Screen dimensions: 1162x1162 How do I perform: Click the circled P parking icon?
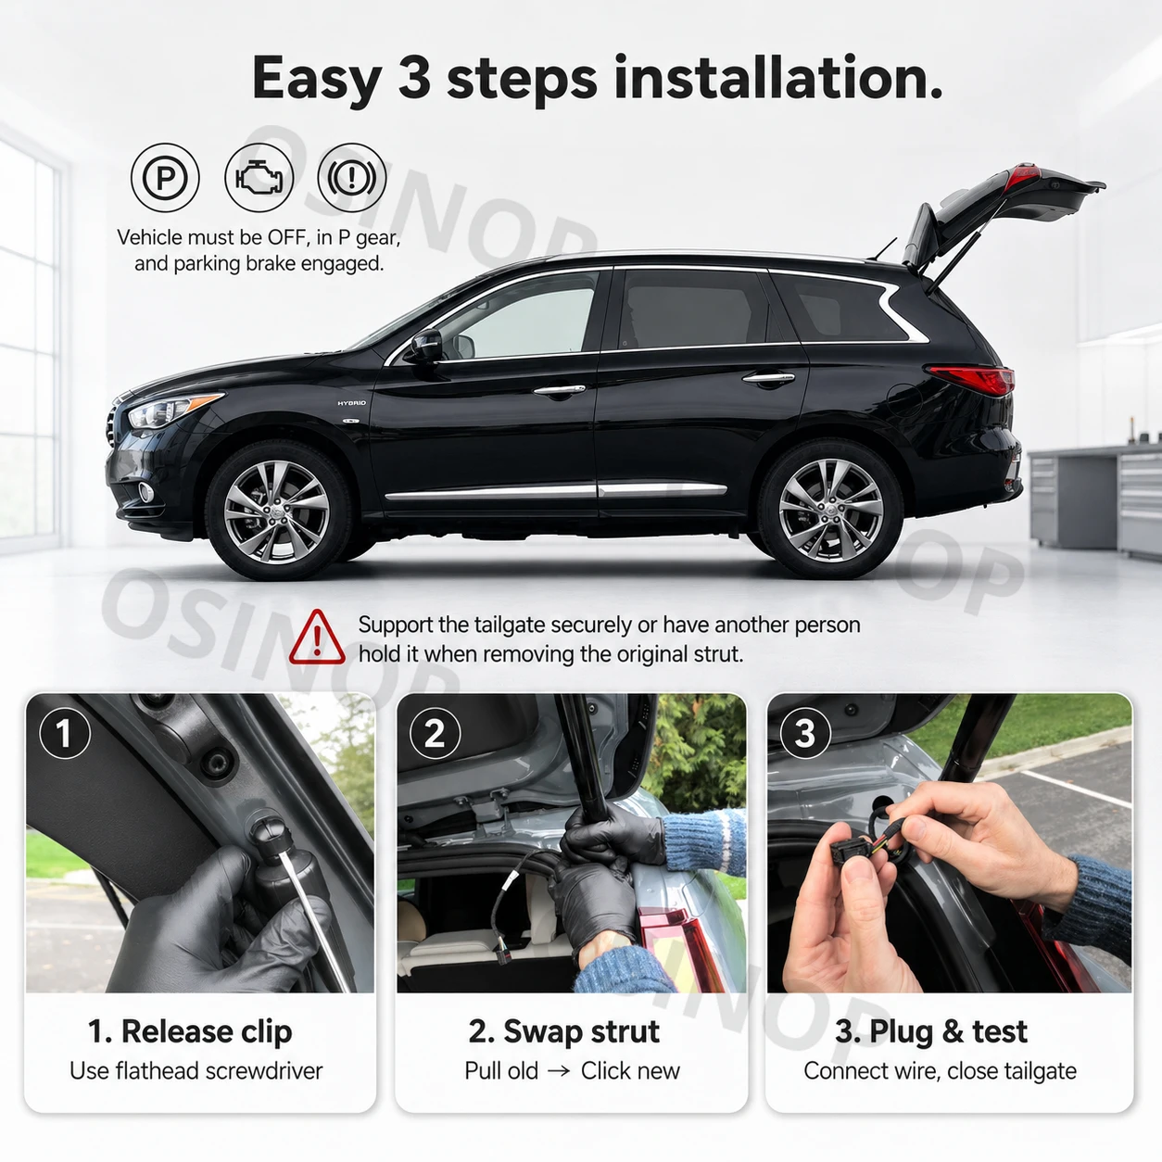point(165,177)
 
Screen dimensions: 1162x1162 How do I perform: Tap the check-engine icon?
point(259,177)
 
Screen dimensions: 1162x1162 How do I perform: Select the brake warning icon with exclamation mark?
point(351,177)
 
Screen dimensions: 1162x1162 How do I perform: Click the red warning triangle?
point(317,638)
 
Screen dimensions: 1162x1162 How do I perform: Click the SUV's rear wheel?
point(830,511)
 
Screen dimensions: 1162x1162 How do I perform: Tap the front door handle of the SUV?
point(559,390)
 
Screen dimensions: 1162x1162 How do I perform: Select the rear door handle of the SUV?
point(768,379)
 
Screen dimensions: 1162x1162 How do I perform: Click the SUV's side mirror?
point(427,346)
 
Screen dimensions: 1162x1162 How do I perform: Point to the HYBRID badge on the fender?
point(351,403)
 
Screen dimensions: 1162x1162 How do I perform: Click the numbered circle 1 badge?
point(65,733)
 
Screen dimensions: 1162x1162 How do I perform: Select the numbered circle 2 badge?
point(435,733)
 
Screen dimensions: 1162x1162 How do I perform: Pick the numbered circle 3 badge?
point(805,733)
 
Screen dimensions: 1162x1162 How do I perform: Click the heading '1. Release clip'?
point(190,1031)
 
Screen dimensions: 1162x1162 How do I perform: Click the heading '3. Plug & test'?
point(931,1031)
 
